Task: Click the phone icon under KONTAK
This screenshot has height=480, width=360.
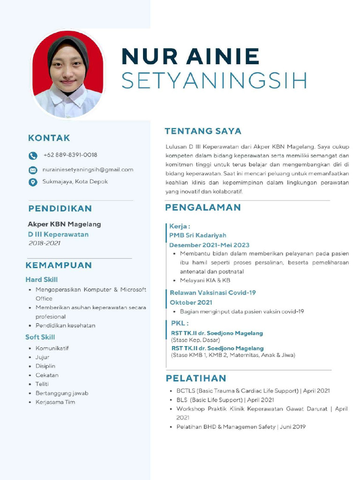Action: pyautogui.click(x=33, y=156)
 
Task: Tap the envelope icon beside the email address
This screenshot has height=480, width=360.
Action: pyautogui.click(x=33, y=170)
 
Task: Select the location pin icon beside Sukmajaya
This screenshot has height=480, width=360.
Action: pyautogui.click(x=33, y=182)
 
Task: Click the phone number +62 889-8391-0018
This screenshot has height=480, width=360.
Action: pyautogui.click(x=70, y=155)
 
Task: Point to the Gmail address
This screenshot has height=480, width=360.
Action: pyautogui.click(x=88, y=169)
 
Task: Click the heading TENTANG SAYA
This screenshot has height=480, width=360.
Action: pyautogui.click(x=203, y=131)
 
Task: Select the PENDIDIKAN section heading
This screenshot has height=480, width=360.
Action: pyautogui.click(x=60, y=209)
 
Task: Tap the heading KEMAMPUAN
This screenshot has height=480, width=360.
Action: pyautogui.click(x=59, y=265)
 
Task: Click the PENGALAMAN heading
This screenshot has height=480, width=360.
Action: pyautogui.click(x=203, y=208)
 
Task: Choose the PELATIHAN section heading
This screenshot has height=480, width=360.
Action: pyautogui.click(x=196, y=378)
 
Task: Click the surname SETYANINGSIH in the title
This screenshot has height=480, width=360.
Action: pyautogui.click(x=214, y=81)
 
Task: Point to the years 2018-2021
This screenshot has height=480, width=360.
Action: pyautogui.click(x=45, y=243)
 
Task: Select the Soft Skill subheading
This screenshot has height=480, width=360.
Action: pyautogui.click(x=40, y=337)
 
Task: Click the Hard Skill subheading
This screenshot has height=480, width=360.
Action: pyautogui.click(x=41, y=280)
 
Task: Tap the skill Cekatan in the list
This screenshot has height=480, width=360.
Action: pyautogui.click(x=47, y=375)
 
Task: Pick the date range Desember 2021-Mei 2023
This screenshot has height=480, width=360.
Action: pyautogui.click(x=209, y=245)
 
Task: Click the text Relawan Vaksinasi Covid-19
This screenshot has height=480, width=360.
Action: pyautogui.click(x=213, y=292)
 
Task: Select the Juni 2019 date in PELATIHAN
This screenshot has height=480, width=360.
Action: pyautogui.click(x=293, y=427)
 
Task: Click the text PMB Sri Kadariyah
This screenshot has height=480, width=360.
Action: pyautogui.click(x=198, y=235)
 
